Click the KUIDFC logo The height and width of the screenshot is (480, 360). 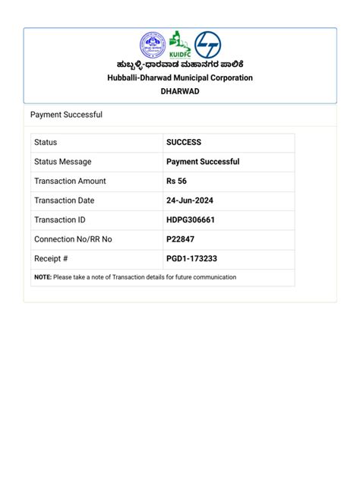pos(179,46)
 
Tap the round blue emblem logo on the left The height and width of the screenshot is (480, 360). pos(153,46)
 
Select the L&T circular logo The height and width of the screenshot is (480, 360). pos(207,46)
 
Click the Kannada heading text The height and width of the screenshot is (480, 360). pos(180,65)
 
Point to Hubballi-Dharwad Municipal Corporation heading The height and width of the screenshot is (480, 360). pos(180,77)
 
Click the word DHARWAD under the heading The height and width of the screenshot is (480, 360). pos(180,90)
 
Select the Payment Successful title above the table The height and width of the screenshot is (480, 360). pos(66,115)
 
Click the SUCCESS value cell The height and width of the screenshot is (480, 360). pos(184,142)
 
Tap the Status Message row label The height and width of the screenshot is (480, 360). pos(62,162)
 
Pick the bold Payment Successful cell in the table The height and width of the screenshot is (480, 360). pos(203,162)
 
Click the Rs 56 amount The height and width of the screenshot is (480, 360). pos(176,181)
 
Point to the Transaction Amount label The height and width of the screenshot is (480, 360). pos(70,181)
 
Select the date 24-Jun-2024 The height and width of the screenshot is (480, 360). pos(190,201)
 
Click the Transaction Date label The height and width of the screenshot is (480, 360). pos(64,201)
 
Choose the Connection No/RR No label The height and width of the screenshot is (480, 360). pos(73,239)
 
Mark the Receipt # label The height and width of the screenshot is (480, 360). pos(51,258)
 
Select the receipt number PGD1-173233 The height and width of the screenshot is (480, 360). pos(191,258)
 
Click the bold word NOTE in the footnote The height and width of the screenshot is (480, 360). pos(43,277)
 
